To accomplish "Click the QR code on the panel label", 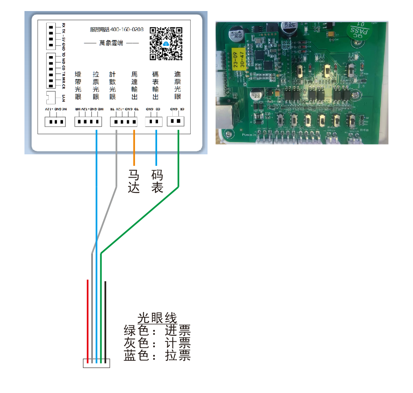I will click(166, 43).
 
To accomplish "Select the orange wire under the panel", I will click(134, 147).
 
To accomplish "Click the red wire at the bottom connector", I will click(88, 319).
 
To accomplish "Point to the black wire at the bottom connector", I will click(105, 319).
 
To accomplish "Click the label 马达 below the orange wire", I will click(134, 181).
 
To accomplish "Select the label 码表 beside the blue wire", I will click(157, 181).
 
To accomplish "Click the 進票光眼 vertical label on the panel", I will click(177, 86).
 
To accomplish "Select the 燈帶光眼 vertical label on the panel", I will click(78, 86).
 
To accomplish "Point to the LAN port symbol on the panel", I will click(52, 97).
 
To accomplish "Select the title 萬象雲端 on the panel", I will click(111, 43).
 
